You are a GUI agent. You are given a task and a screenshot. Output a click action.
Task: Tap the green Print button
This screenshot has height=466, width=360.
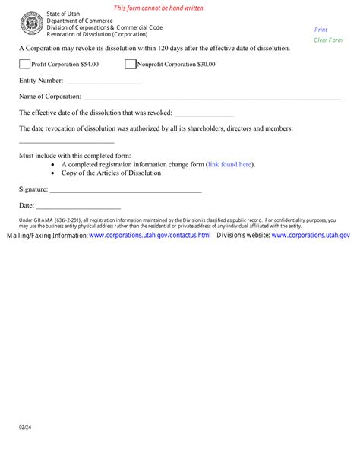click(321, 30)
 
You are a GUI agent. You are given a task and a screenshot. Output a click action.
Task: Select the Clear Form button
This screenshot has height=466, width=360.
click(327, 40)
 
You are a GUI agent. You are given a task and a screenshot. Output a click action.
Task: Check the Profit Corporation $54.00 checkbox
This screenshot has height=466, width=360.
click(25, 65)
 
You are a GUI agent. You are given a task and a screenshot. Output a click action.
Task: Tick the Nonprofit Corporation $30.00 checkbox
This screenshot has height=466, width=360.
click(130, 65)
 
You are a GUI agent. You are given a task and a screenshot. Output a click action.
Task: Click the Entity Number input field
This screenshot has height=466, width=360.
click(103, 80)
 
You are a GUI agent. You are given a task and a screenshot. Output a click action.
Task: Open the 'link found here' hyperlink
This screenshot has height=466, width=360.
click(230, 164)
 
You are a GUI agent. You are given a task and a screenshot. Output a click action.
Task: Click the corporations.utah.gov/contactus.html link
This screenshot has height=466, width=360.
click(150, 236)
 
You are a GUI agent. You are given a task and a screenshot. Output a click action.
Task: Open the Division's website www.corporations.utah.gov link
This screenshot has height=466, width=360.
click(310, 236)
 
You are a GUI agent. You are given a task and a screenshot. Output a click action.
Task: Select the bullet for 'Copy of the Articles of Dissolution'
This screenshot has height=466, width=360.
click(52, 173)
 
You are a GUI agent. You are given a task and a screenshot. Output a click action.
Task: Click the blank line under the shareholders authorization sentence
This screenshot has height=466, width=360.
click(66, 141)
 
